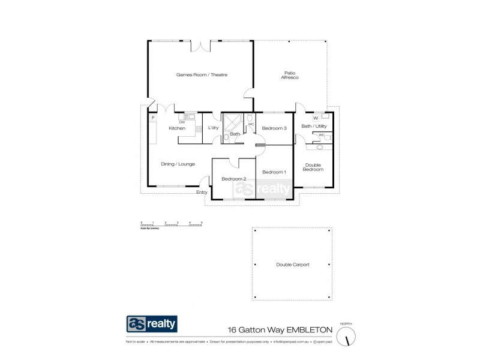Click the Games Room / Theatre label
point(202,75)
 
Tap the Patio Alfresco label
point(289,76)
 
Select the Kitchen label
point(176,128)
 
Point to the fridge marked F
point(153,118)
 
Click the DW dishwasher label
point(182,122)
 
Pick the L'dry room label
point(213,128)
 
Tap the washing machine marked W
point(316,118)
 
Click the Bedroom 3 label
point(274,128)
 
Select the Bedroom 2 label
point(233,179)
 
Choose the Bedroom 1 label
point(274,172)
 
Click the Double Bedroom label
point(314,167)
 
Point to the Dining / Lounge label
point(178,164)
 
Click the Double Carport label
point(292,265)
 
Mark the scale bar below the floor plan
point(172,225)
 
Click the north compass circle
point(347,337)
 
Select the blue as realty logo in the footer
point(151,324)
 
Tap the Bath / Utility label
point(314,127)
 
